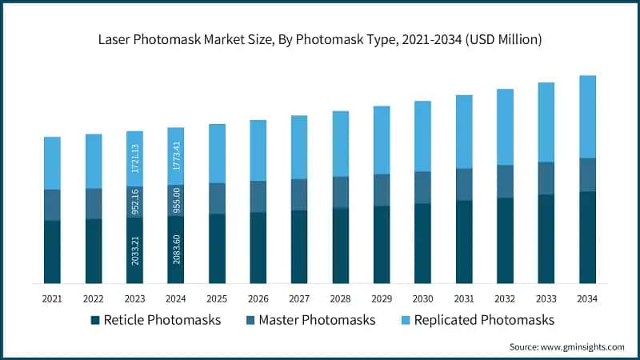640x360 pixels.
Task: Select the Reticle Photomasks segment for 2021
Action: tap(52, 251)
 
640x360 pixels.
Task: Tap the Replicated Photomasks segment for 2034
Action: tap(587, 117)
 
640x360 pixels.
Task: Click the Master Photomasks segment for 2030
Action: tap(422, 187)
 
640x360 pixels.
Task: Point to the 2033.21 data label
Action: tap(134, 250)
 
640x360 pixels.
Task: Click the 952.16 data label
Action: tap(134, 201)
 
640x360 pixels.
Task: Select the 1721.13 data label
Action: tap(134, 159)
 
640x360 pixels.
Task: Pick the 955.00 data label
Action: tap(176, 200)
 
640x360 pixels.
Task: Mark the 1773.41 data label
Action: tap(176, 157)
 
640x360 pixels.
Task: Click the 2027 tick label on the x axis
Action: tap(299, 298)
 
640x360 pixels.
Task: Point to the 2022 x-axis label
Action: tap(94, 298)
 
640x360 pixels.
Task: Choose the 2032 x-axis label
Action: tap(505, 298)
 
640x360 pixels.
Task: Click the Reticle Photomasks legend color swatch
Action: tap(95, 321)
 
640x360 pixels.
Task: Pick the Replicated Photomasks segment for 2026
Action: tap(258, 150)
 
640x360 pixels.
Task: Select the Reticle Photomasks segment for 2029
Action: tap(382, 244)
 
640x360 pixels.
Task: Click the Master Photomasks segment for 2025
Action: tap(217, 198)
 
